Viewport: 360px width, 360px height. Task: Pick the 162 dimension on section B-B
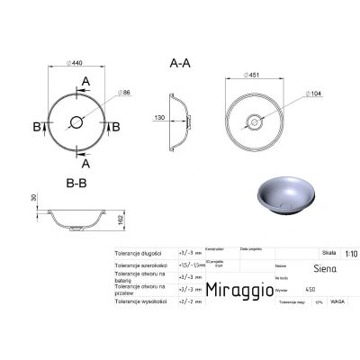tap(121, 218)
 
